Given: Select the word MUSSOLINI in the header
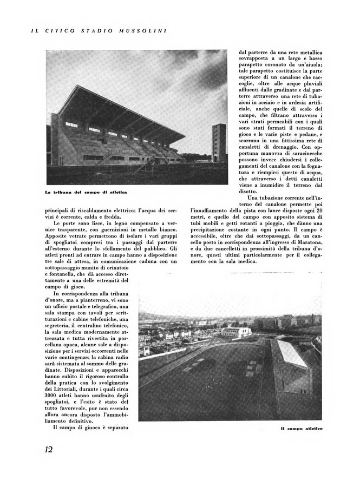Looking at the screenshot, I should [x=142, y=31].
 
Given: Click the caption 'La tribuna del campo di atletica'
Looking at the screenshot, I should [x=87, y=193].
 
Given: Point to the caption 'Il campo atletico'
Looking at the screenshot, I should [x=302, y=429].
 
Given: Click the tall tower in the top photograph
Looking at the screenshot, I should [x=219, y=142].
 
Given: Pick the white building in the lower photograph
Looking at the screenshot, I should [x=237, y=331].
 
